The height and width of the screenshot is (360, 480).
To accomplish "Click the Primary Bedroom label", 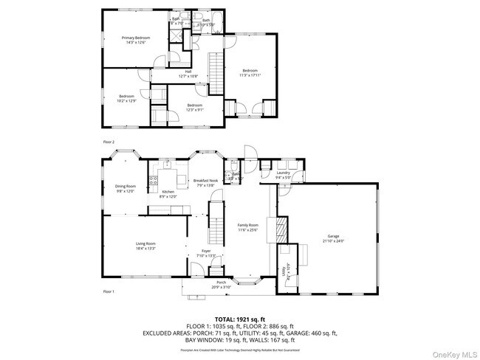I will pyautogui.click(x=136, y=40).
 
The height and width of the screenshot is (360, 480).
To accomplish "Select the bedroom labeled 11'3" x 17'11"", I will pyautogui.click(x=250, y=72).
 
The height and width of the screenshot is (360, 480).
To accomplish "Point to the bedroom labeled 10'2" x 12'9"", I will pyautogui.click(x=126, y=98).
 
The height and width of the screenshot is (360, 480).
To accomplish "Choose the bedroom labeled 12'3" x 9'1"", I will pyautogui.click(x=194, y=108).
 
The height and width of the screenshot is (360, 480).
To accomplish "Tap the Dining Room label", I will pyautogui.click(x=125, y=188).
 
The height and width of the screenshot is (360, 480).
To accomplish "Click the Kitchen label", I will pyautogui.click(x=168, y=193).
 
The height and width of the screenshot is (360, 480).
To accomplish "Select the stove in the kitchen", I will pyautogui.click(x=154, y=179).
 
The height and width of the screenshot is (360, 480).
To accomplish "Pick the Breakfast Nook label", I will pyautogui.click(x=205, y=182).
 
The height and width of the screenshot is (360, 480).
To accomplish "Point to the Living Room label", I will pyautogui.click(x=145, y=246).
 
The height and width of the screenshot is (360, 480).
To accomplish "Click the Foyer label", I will pyautogui.click(x=207, y=253).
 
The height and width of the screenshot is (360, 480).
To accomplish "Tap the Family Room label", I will pyautogui.click(x=247, y=226).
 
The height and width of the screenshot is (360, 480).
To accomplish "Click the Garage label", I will pyautogui.click(x=334, y=238).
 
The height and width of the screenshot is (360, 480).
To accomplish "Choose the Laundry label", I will pyautogui.click(x=283, y=174).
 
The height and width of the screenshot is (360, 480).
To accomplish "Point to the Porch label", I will pyautogui.click(x=220, y=284).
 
